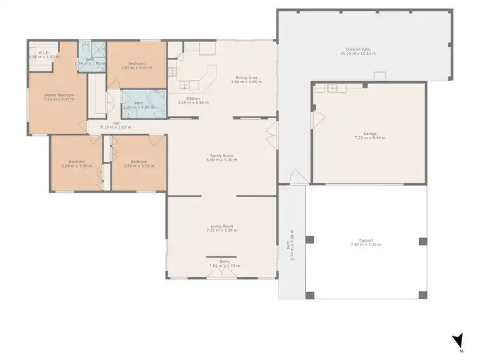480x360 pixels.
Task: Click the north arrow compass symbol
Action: pos(457,340)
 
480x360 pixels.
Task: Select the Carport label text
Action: pos(365,241)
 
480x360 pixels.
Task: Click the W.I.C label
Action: pos(43,54)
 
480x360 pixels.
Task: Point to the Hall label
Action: pos(116,123)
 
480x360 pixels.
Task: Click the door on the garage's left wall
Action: pos(314,120)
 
